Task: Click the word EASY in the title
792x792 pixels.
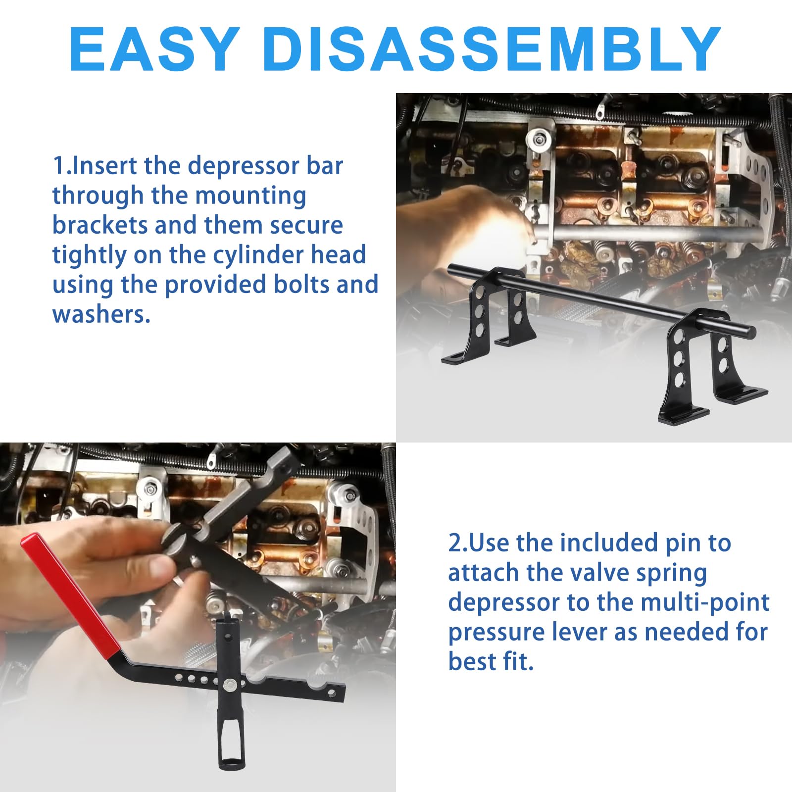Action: (155, 49)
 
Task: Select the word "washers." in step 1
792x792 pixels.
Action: (101, 314)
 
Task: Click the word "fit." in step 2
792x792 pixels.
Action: (517, 662)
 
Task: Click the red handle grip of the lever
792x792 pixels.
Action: (72, 594)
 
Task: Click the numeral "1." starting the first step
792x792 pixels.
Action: (62, 165)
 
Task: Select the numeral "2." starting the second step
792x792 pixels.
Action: (458, 543)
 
